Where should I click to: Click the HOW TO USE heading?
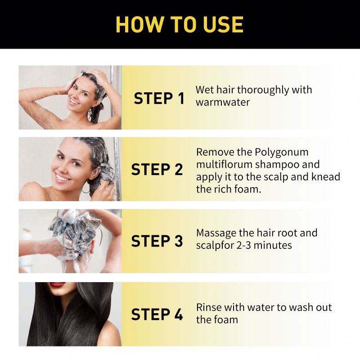pos(180,24)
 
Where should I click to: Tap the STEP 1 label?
pos(159,99)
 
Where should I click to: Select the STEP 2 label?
pos(157,170)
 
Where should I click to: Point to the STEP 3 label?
pos(157,241)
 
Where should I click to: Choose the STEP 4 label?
pos(157,314)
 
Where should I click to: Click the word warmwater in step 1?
pos(222,102)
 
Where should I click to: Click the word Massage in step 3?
pos(216,233)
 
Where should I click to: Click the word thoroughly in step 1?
pos(263,90)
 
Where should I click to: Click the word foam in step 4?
pos(226,320)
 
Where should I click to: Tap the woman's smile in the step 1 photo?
pos(74,102)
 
